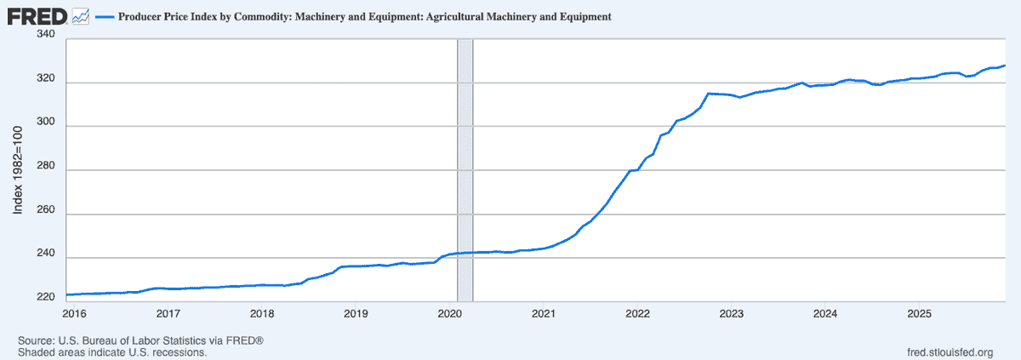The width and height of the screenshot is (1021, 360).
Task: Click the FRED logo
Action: (x=38, y=16)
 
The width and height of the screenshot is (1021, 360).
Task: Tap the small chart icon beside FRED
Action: (x=82, y=16)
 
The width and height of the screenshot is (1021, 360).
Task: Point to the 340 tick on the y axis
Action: (x=46, y=35)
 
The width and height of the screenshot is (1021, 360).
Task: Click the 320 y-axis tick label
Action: (x=46, y=80)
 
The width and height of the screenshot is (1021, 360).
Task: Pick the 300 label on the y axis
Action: (x=46, y=124)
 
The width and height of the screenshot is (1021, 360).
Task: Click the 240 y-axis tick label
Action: (x=46, y=254)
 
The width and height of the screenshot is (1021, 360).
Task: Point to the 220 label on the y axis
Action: (x=46, y=298)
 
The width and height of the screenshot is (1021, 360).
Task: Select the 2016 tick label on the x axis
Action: (x=74, y=313)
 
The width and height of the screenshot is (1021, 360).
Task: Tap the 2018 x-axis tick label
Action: (x=262, y=313)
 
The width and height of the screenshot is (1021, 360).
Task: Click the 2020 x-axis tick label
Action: (x=449, y=313)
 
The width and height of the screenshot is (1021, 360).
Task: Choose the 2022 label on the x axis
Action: (x=637, y=313)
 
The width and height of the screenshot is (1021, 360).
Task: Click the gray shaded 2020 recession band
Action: (x=465, y=170)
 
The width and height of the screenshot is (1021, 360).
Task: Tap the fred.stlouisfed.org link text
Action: (x=950, y=352)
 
